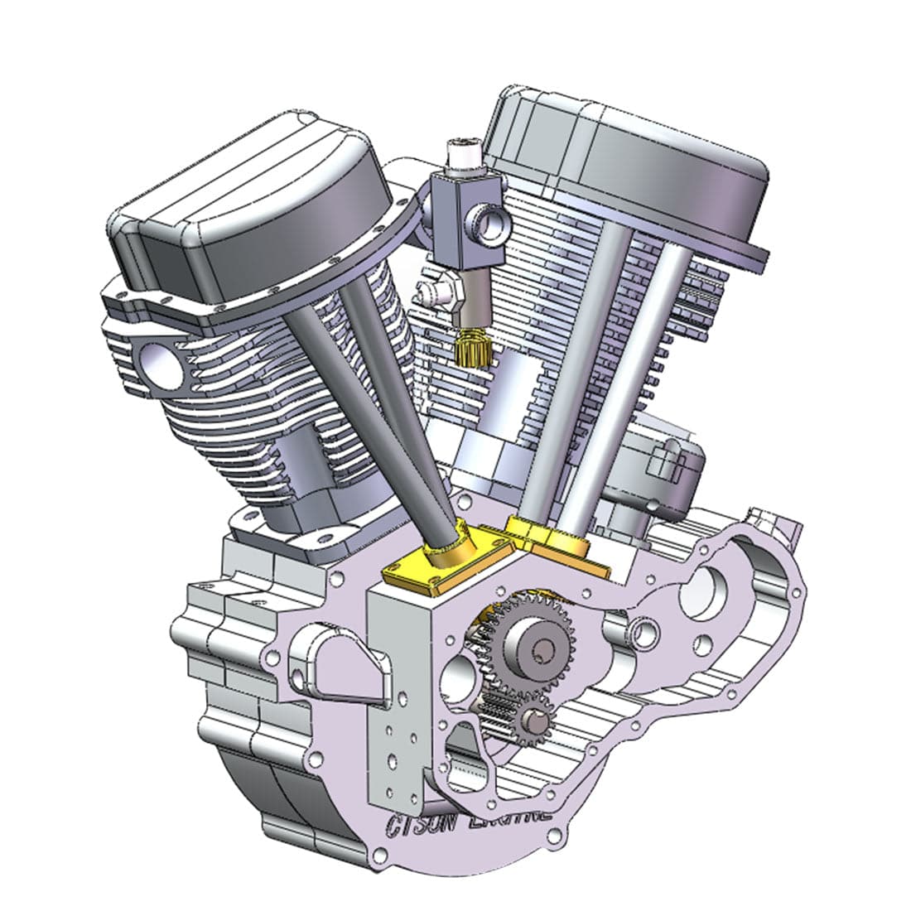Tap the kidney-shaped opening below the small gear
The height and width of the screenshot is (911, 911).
point(464,745)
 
